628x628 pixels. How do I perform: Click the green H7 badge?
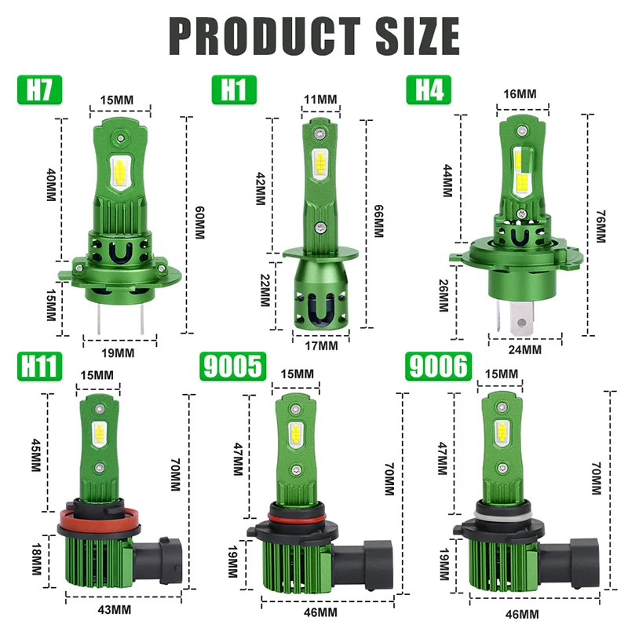tap(38, 89)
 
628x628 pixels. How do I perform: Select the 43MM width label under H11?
tap(115, 609)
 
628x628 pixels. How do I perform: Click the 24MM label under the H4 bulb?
tap(525, 349)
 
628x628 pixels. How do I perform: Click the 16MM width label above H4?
tap(520, 93)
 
